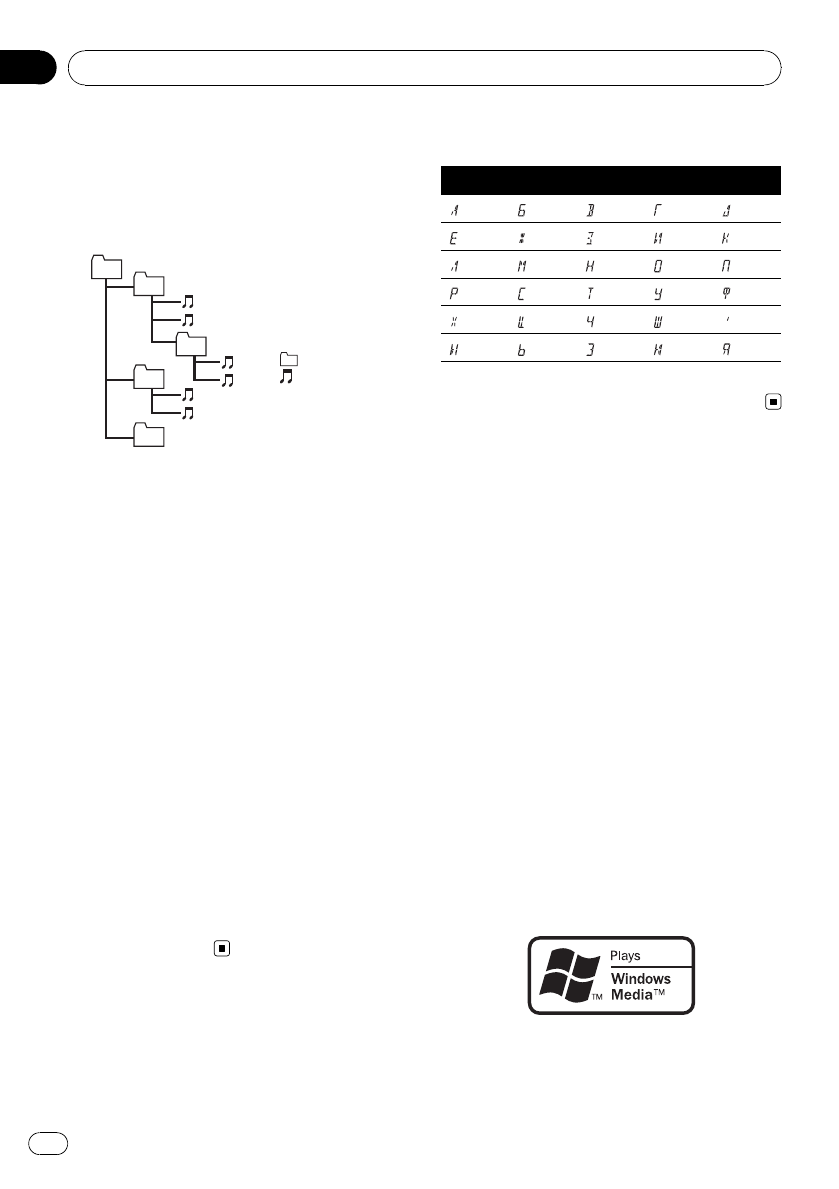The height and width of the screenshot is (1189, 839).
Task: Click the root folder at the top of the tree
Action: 105,267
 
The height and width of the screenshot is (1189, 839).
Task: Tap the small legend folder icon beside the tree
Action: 289,360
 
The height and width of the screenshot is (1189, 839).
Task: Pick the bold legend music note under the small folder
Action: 289,379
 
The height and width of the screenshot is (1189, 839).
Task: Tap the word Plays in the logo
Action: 626,956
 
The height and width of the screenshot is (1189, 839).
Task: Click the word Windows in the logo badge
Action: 640,979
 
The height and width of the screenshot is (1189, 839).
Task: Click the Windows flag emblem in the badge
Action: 568,975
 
